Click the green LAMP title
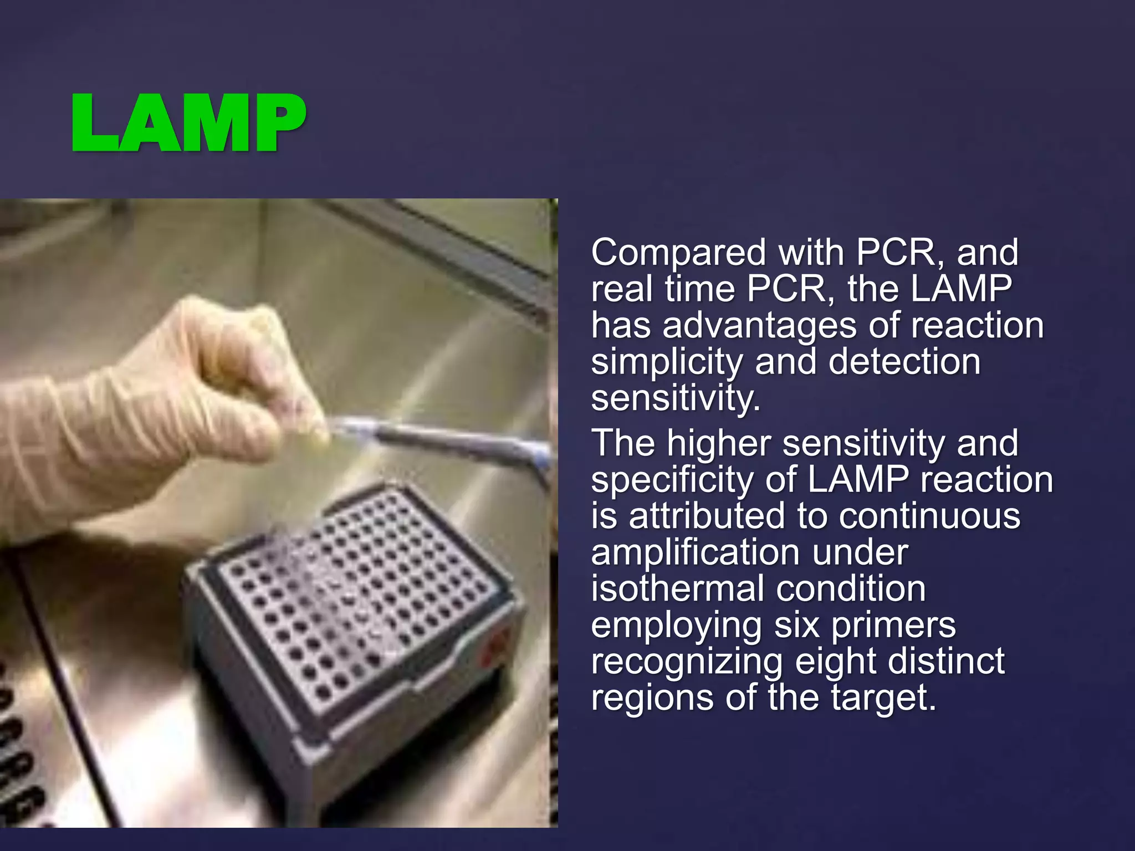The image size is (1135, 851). tap(188, 123)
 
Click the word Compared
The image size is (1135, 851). tap(678, 253)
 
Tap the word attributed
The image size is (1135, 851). tap(707, 516)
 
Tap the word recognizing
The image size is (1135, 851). tap(687, 662)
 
